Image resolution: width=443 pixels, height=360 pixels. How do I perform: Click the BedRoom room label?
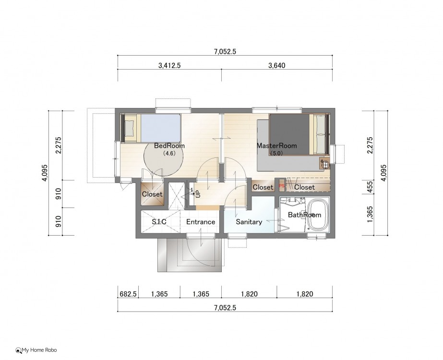tap(169, 146)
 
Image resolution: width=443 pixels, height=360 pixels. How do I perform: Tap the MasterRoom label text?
tap(276, 146)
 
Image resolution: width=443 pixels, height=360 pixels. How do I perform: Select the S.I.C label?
tap(159, 222)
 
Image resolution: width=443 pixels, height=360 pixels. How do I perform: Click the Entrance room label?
tap(201, 222)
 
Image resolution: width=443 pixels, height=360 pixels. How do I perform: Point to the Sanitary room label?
tap(249, 222)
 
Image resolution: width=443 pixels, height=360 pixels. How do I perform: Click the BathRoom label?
tap(305, 215)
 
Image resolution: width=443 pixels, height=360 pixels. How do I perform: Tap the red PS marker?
tap(281, 186)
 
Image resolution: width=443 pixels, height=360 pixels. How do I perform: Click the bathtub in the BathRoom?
tap(318, 214)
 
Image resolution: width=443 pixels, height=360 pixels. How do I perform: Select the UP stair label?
tap(198, 193)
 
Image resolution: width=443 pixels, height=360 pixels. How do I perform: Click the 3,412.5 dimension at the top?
tap(169, 66)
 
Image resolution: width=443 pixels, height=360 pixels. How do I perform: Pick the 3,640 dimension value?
tap(276, 66)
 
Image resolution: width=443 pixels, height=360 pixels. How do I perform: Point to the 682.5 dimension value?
tap(128, 294)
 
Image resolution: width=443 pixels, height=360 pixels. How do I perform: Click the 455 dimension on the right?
tap(370, 187)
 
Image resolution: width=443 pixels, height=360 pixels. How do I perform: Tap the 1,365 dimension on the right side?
tap(370, 214)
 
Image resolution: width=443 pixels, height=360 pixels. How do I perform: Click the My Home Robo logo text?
tap(39, 350)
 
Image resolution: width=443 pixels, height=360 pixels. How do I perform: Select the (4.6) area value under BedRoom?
tap(169, 154)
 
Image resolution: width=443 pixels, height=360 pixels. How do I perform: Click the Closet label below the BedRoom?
tap(152, 194)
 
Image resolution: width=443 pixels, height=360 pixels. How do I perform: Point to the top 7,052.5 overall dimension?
tap(225, 51)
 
